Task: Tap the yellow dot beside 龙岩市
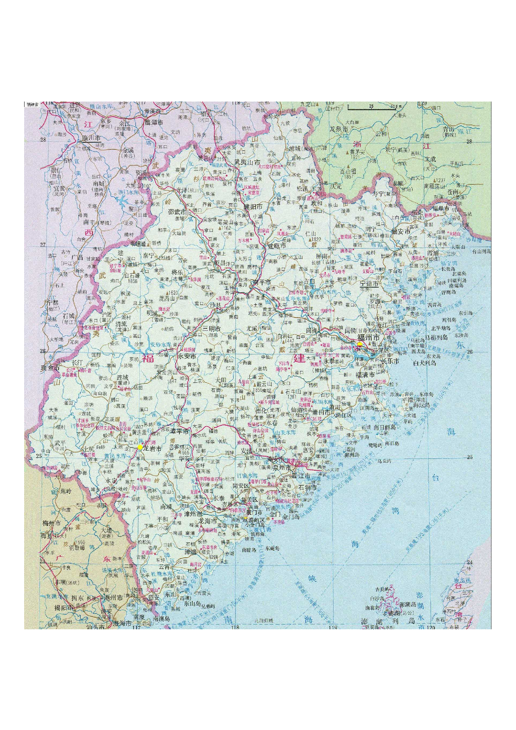click(140, 447)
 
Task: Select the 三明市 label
click(211, 328)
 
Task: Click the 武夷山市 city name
click(247, 162)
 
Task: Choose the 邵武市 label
click(177, 211)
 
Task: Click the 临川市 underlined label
click(92, 138)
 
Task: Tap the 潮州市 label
click(114, 598)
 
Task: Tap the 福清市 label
click(365, 375)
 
